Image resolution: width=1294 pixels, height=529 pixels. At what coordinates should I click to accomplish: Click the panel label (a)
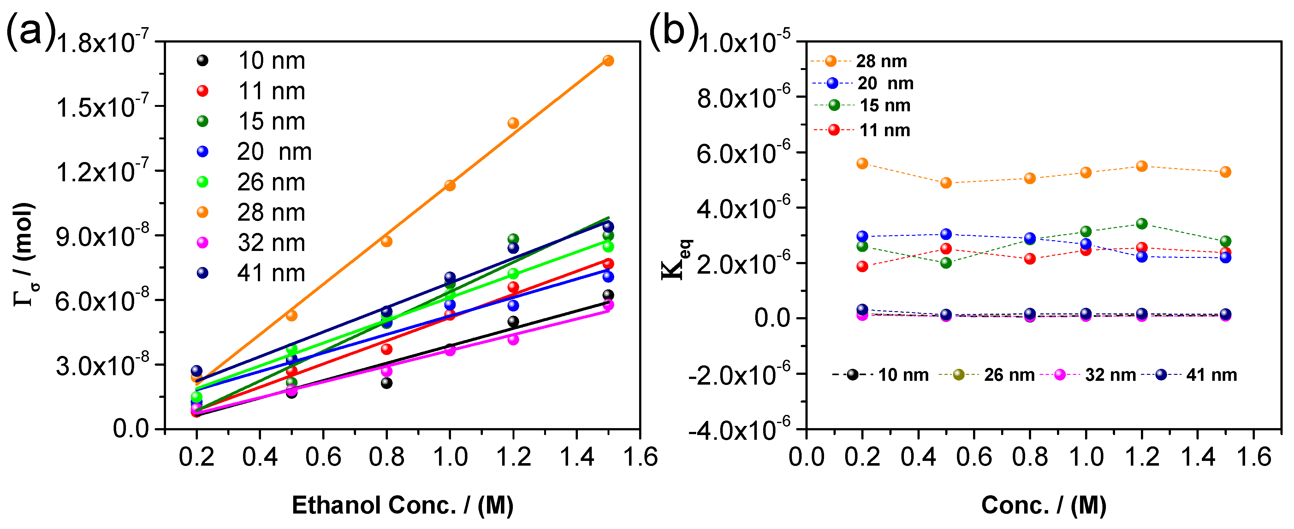30,31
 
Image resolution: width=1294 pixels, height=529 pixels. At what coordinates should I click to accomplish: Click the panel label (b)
674,31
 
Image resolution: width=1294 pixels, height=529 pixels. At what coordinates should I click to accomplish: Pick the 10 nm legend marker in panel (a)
202,61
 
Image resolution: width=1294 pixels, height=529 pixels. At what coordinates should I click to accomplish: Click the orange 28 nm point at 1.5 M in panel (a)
608,61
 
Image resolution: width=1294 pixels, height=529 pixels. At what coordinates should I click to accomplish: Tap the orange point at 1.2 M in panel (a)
513,123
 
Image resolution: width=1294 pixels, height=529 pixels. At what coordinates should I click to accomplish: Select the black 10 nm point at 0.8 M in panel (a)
386,383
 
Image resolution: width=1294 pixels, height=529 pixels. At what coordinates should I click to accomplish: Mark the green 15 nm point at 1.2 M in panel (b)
1142,223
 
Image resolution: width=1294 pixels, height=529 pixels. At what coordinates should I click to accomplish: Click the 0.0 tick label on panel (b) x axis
806,457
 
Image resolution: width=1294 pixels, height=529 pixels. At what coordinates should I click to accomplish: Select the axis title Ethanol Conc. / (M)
402,505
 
